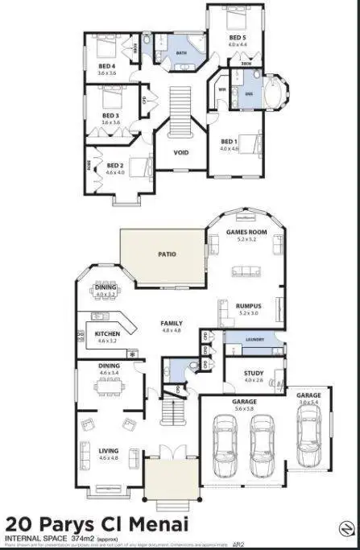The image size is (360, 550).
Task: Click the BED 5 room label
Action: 237,37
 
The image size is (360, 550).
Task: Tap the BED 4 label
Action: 108,66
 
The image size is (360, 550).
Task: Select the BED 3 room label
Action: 111,116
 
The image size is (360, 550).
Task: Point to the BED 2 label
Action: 116,166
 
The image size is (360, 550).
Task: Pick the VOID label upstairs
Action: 182,151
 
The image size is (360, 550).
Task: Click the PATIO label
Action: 167,254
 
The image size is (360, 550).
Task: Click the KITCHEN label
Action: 107,333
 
